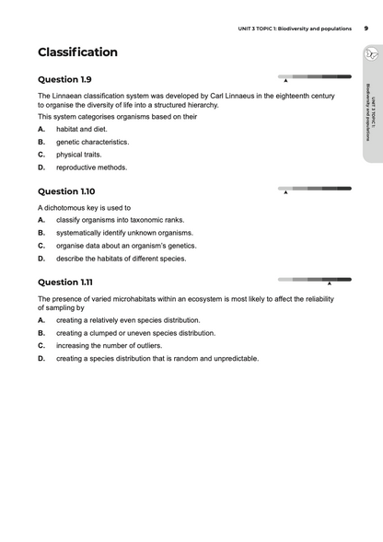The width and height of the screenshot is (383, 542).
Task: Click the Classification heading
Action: pos(77,52)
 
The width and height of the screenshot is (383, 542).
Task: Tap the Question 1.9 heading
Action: pos(64,79)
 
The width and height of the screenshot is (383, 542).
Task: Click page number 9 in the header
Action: pos(366,29)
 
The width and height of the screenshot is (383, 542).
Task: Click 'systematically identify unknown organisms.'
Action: pos(124,233)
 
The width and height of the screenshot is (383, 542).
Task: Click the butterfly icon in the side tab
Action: pos(370,56)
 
